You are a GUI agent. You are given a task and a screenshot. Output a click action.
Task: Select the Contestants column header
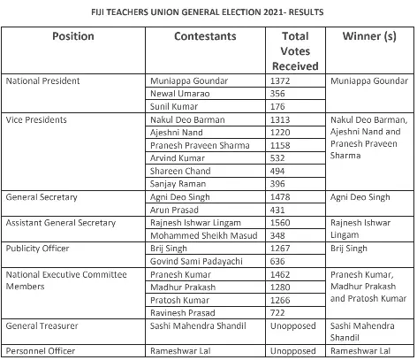click(205, 39)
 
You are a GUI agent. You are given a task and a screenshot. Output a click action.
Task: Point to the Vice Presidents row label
click(35, 119)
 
